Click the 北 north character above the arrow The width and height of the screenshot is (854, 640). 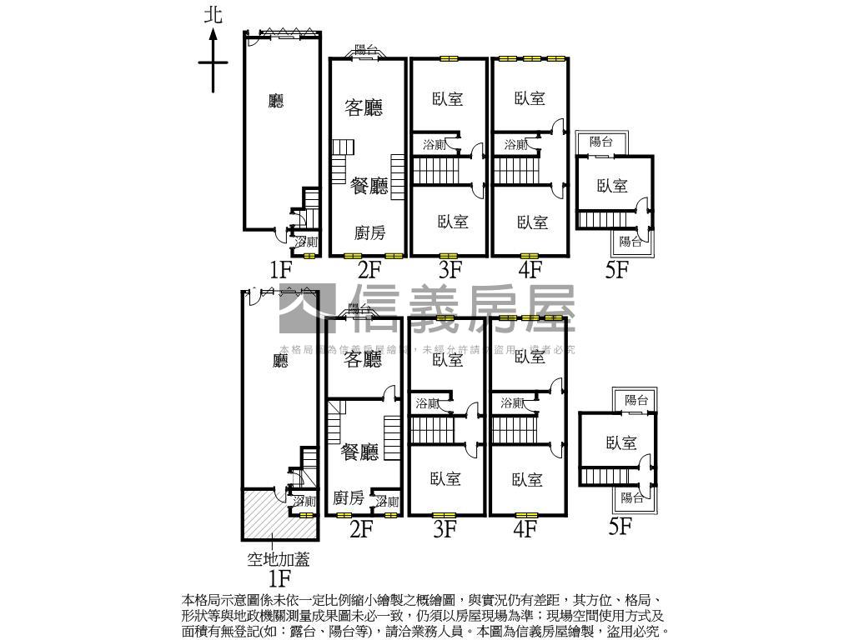click(213, 14)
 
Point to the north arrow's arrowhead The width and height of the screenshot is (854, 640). click(213, 34)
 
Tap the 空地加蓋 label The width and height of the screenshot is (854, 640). click(278, 560)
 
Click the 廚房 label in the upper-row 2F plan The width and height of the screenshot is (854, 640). click(369, 233)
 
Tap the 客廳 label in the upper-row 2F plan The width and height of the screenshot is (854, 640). click(364, 107)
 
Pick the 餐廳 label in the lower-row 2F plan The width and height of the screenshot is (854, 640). click(359, 452)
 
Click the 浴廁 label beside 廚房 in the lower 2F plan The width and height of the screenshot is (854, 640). click(387, 502)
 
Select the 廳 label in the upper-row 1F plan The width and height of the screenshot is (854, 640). click(276, 102)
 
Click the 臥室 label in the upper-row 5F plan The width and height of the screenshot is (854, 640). click(612, 186)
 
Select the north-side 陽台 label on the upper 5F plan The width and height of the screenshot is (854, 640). click(601, 142)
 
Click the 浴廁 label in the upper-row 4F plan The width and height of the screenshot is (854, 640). click(515, 145)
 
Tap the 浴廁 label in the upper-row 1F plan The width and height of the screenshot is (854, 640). click(306, 242)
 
